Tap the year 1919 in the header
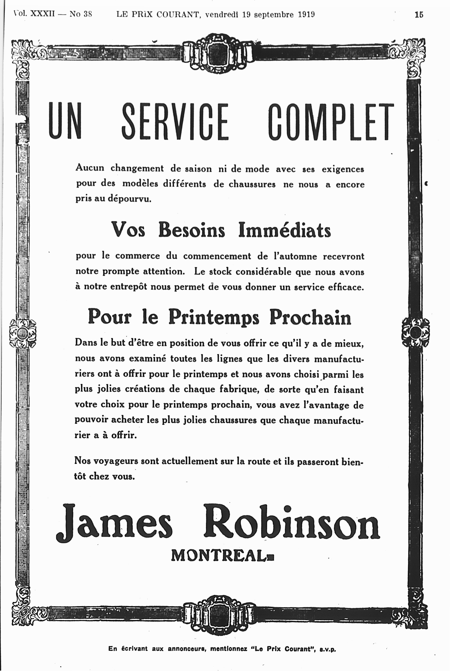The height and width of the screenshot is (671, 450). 306,14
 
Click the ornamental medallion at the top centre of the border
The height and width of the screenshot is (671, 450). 218,54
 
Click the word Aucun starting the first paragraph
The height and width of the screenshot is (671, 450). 90,168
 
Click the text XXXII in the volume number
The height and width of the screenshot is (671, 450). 42,14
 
